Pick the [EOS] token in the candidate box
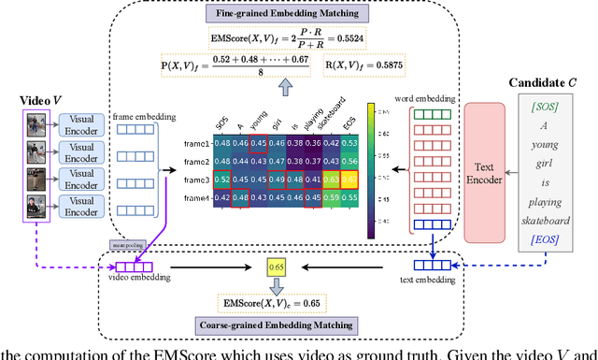pyautogui.click(x=548, y=240)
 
